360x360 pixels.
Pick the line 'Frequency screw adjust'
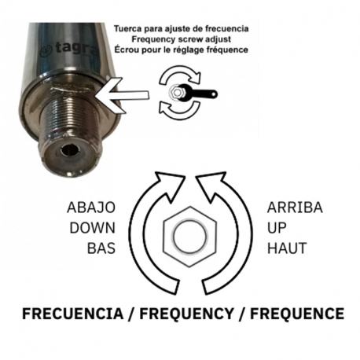point(181,39)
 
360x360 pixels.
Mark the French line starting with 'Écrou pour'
point(181,50)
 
